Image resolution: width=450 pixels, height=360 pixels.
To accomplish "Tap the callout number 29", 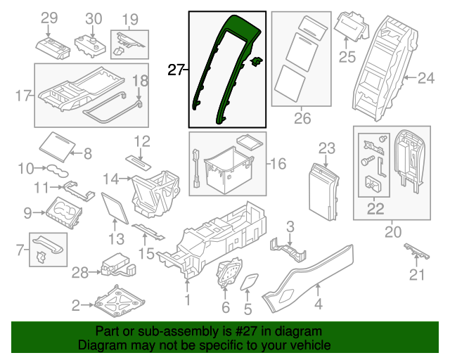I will point(49,18).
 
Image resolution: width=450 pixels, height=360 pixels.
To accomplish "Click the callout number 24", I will point(426,78).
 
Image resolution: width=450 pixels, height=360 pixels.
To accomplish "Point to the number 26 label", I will point(302,118).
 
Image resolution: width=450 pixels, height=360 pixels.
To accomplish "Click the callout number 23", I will point(327,148).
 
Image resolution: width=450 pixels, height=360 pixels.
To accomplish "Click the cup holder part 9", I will point(65,210).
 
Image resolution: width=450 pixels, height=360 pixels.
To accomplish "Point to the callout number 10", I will point(26,168).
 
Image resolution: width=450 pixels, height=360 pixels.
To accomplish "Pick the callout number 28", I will point(82,271).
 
